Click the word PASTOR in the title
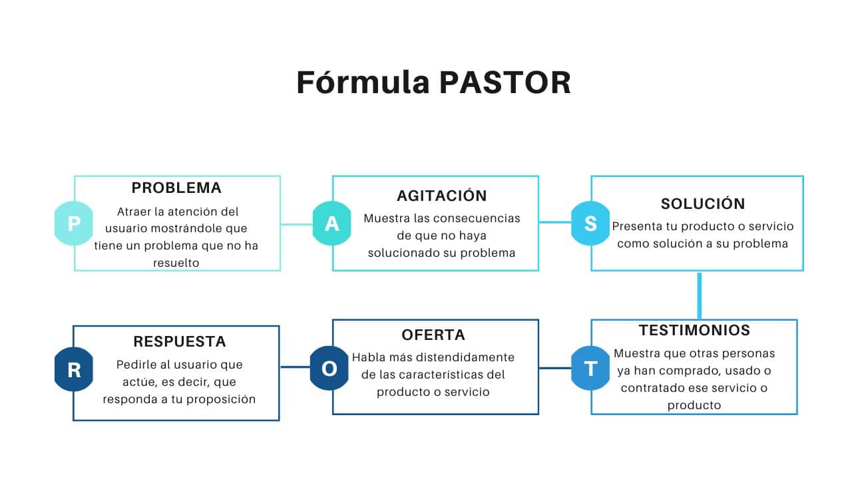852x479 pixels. click(x=505, y=83)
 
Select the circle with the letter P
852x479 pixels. click(x=74, y=224)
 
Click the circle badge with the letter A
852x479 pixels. click(x=331, y=224)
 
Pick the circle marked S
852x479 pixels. click(x=590, y=224)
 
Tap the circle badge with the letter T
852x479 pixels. click(x=590, y=368)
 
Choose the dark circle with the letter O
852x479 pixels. click(x=329, y=368)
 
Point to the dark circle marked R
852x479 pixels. click(x=74, y=369)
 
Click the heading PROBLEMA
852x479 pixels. click(x=176, y=188)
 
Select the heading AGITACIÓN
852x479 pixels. click(x=442, y=196)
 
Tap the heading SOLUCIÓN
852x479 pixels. click(x=703, y=204)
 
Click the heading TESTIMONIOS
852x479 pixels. click(x=694, y=331)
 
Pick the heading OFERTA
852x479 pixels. click(x=433, y=335)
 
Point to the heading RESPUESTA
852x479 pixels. click(x=180, y=342)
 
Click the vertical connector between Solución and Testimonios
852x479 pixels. click(x=700, y=295)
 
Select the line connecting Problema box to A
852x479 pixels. click(x=296, y=224)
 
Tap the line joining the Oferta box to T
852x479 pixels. click(x=556, y=368)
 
